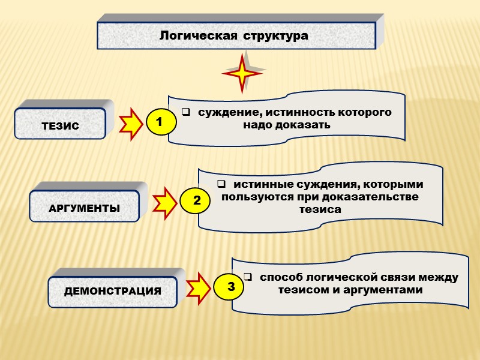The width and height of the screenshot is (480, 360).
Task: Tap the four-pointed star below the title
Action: [242, 73]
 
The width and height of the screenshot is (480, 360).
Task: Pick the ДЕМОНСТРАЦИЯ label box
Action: [113, 291]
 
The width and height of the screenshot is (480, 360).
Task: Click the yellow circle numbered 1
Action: [159, 122]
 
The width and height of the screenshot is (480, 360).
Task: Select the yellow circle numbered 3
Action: [230, 287]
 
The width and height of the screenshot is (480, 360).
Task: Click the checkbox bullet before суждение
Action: [186, 112]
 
